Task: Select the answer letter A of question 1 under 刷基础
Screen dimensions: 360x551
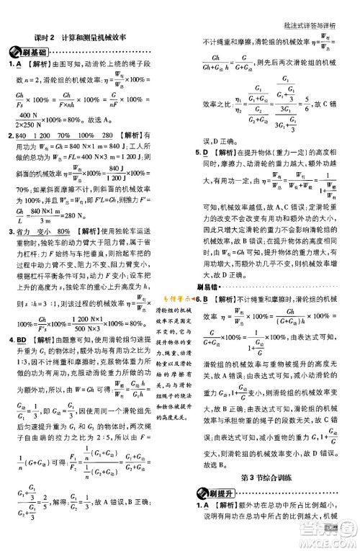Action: tap(23, 66)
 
